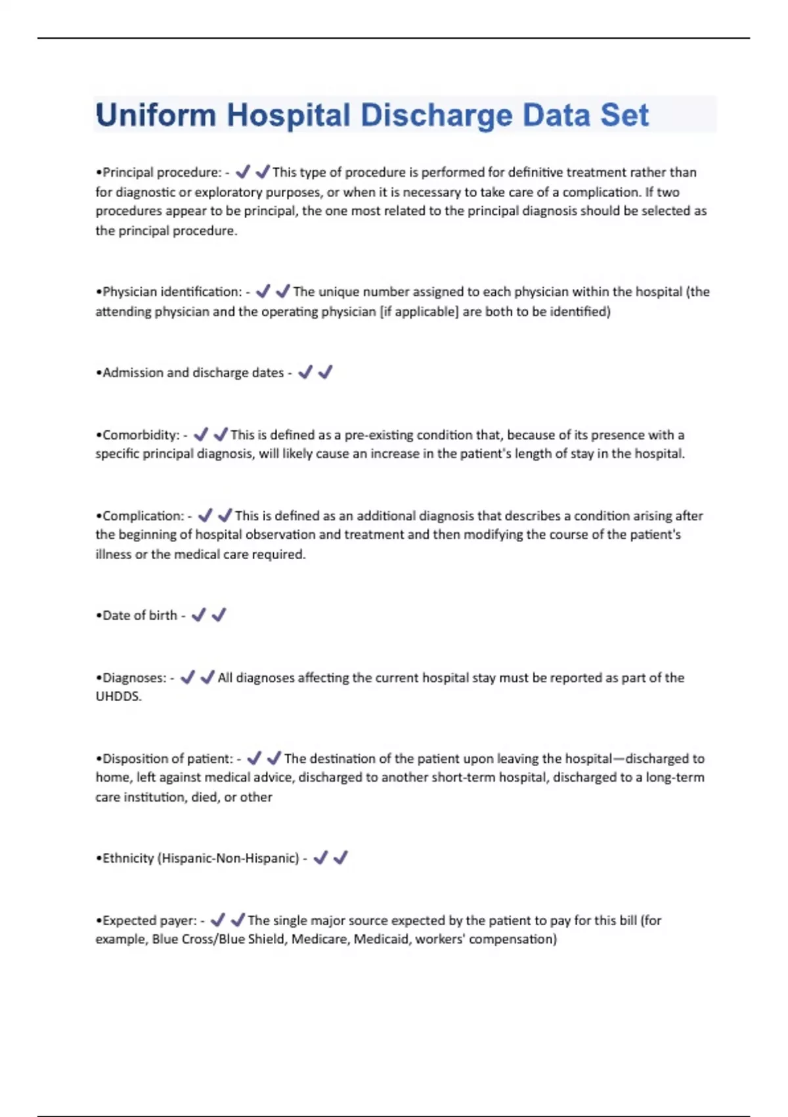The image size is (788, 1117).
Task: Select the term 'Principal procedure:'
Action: [x=162, y=173]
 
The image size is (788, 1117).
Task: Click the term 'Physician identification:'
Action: [x=172, y=292]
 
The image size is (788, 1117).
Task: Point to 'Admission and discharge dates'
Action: [x=193, y=373]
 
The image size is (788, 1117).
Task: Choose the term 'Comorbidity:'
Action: [x=141, y=435]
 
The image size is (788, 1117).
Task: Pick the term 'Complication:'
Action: [x=143, y=516]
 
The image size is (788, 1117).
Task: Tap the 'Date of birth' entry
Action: [x=140, y=616]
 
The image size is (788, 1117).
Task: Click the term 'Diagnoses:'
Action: [x=135, y=678]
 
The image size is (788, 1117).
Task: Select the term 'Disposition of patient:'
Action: [x=167, y=759]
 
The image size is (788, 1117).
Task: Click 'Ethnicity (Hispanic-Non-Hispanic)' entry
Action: [x=200, y=859]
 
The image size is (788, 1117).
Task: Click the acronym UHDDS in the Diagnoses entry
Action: [x=118, y=696]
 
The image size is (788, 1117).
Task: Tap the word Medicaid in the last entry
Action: [x=381, y=940]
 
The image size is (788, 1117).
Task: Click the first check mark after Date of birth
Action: [x=198, y=615]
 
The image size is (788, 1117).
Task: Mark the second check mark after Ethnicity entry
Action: [x=341, y=857]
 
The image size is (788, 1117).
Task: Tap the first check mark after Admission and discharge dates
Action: [x=305, y=373]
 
